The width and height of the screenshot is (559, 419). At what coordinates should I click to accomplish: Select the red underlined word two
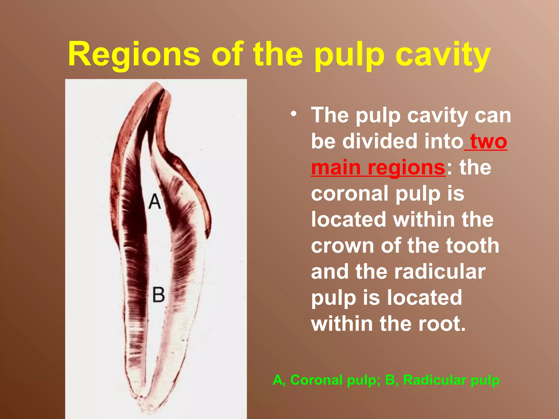pos(489,141)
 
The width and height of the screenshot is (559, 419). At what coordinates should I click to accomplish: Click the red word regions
pos(406,167)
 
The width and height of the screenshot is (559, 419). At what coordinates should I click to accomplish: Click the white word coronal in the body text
pos(349,194)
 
